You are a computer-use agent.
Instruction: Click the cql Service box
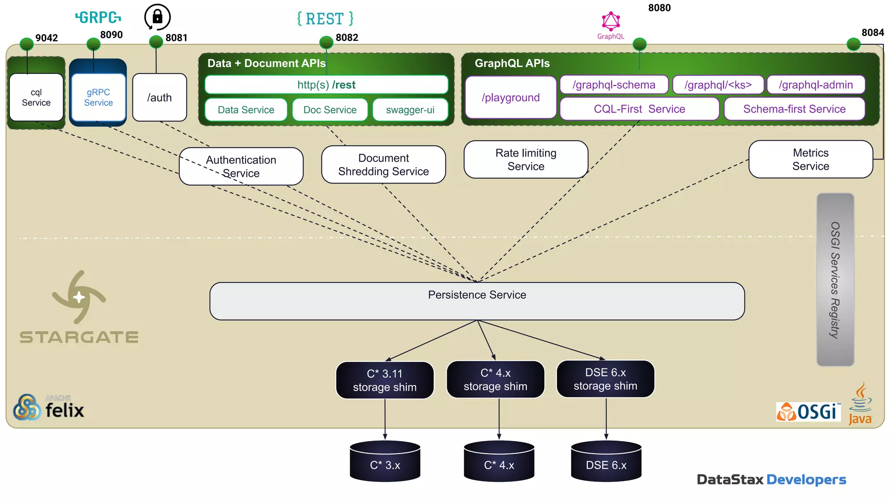36,97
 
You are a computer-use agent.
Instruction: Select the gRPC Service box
98,97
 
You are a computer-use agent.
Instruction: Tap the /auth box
159,97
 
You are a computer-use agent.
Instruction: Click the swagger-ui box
410,110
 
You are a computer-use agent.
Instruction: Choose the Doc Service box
330,110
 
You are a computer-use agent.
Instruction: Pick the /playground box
510,97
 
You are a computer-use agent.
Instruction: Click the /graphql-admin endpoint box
816,85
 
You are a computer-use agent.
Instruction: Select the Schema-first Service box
794,109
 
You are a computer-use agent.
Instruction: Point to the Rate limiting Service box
526,160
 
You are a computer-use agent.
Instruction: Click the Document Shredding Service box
383,165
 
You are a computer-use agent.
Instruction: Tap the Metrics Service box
811,159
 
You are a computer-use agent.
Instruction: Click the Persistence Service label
477,295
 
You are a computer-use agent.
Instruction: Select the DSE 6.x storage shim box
605,379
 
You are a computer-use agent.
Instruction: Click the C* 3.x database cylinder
385,462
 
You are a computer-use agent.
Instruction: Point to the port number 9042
47,38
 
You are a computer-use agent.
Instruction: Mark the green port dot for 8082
326,43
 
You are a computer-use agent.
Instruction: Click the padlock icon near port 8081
157,17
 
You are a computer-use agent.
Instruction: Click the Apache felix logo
48,407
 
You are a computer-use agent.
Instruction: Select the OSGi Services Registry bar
835,280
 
